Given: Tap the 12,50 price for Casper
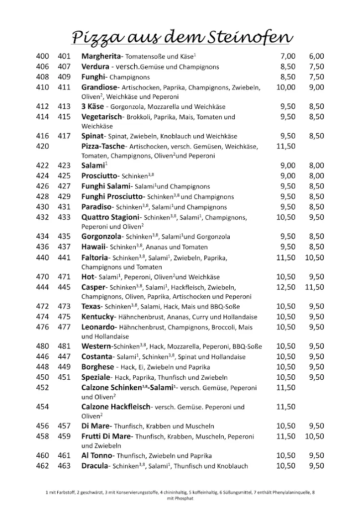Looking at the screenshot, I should pos(285,287).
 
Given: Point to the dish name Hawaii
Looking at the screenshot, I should pos(94,247).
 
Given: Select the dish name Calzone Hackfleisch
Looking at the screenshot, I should pos(116,407).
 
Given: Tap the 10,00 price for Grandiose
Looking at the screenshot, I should pos(286,87).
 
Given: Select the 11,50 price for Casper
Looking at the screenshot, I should pos(314,287).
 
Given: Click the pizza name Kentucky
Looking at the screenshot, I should pos(98,317).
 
